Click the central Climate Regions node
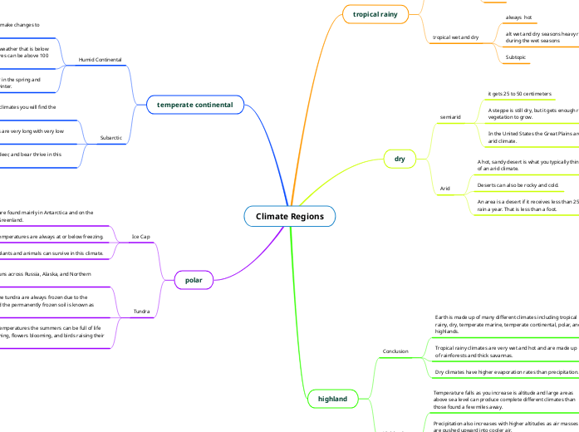click(290, 216)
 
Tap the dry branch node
click(399, 158)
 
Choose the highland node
click(332, 399)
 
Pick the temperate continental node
click(195, 105)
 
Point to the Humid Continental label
click(100, 61)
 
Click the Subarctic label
click(110, 137)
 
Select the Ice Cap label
click(141, 237)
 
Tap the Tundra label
click(142, 312)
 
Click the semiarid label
click(451, 118)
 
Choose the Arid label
click(444, 189)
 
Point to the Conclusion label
click(395, 351)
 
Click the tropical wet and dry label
click(456, 37)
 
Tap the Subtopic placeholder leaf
click(516, 57)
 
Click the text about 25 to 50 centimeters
click(520, 94)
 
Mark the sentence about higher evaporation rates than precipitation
click(506, 372)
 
